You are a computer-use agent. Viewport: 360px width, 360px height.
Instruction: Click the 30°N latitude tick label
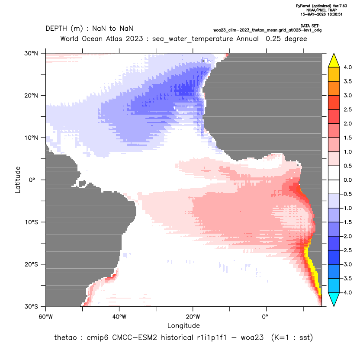(x=31, y=53)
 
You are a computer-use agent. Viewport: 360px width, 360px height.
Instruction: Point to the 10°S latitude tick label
(x=31, y=222)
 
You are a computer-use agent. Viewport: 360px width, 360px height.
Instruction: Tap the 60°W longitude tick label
(x=46, y=317)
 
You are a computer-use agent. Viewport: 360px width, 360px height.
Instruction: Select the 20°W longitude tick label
(x=193, y=317)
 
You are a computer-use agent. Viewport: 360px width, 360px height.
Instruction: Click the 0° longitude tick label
(x=265, y=317)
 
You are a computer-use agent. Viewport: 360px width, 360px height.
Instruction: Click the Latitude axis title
(x=18, y=180)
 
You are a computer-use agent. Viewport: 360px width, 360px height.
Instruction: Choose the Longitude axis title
(x=183, y=325)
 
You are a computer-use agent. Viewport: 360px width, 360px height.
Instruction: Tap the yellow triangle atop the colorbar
(x=334, y=61)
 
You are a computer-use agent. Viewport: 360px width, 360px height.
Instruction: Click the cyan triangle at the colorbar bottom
(x=334, y=299)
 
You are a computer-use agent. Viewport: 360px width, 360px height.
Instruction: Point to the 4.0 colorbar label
(x=347, y=67)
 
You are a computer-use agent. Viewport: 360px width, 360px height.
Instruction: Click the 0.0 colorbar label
(x=347, y=180)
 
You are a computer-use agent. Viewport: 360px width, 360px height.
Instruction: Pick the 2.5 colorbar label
(x=347, y=109)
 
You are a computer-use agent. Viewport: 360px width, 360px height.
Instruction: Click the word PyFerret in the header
(x=303, y=6)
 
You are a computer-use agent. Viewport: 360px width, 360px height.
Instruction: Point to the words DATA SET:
(x=310, y=26)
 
